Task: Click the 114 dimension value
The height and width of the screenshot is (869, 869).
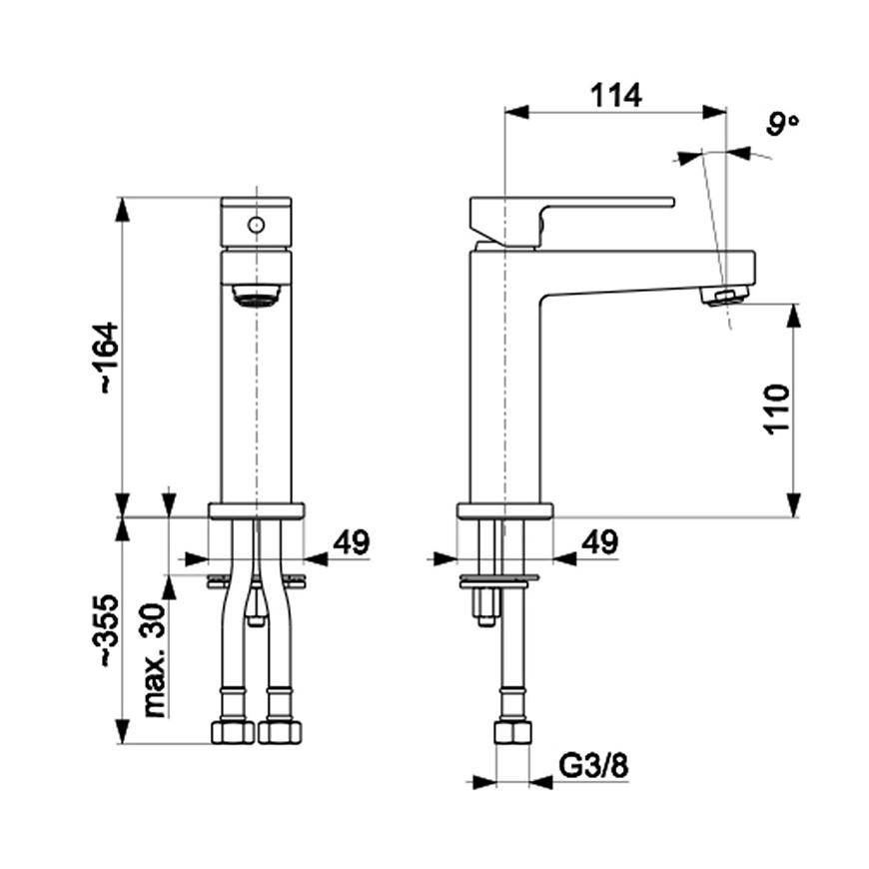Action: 615,95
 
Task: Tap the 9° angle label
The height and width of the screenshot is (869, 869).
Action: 782,124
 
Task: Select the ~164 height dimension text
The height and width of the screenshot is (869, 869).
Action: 109,358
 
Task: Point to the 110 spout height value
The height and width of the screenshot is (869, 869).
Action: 777,409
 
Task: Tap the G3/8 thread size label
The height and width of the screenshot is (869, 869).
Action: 593,766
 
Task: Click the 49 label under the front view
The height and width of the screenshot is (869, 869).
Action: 351,542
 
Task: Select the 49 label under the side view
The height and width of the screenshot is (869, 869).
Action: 599,542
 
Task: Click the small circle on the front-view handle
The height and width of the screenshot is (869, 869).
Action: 256,225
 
